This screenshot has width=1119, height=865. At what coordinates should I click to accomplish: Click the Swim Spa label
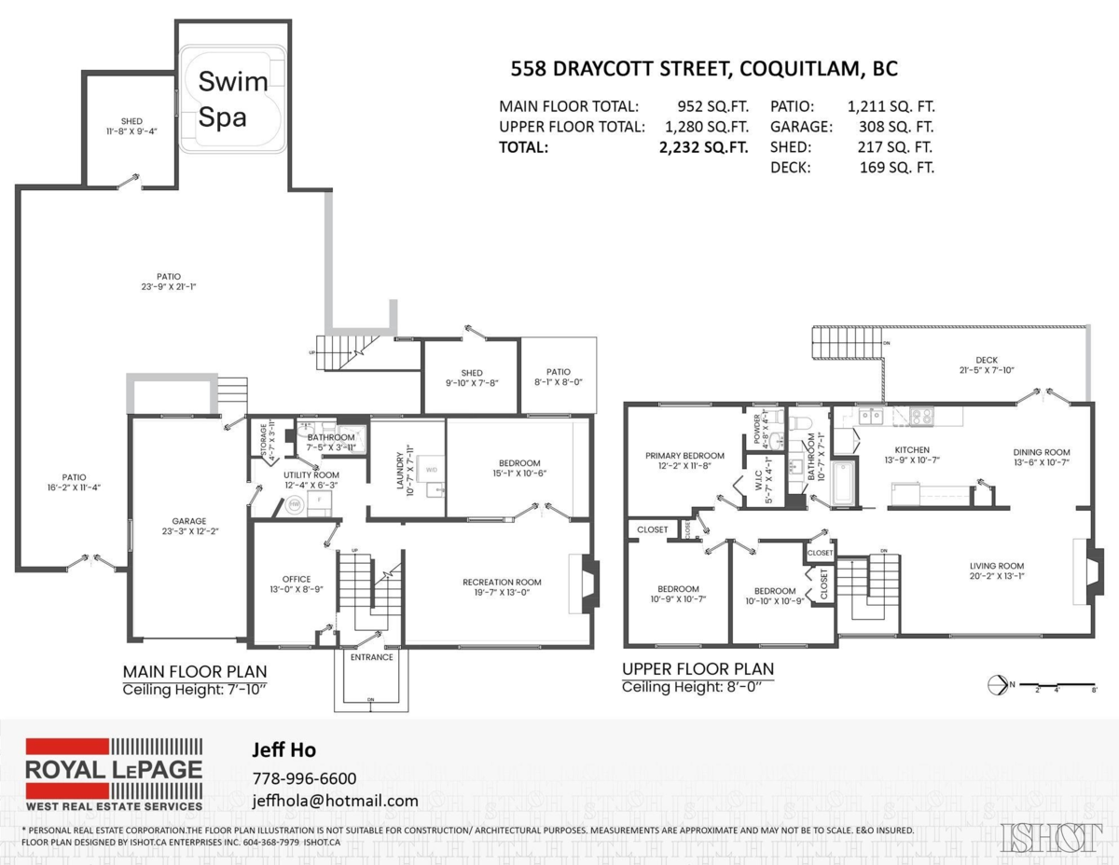[x=223, y=100]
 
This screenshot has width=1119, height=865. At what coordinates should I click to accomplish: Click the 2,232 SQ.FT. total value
[x=704, y=146]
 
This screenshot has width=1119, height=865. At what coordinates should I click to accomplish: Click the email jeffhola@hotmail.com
[x=335, y=801]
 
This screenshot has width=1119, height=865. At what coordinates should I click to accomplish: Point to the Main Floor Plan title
[x=195, y=671]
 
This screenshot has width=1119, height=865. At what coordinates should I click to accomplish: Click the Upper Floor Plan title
[x=698, y=668]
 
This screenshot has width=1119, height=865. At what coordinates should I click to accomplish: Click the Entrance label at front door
[x=372, y=657]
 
